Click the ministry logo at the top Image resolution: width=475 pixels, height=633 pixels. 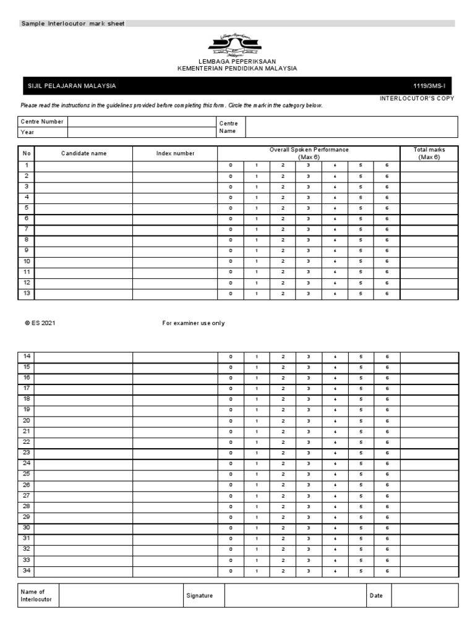point(237,45)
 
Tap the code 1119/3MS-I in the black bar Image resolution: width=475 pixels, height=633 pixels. point(434,86)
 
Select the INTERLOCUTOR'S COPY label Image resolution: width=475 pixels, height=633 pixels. point(417,98)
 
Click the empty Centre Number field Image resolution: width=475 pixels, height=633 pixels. point(140,122)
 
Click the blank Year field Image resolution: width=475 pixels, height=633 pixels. point(140,132)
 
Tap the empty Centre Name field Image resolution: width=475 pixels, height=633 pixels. point(351,127)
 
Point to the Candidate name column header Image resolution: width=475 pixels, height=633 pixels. point(83,153)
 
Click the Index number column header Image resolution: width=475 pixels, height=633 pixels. point(175,153)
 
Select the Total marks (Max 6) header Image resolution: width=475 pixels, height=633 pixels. point(429,153)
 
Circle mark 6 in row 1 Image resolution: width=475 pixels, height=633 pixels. point(387,166)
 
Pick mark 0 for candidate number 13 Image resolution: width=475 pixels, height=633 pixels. point(231,294)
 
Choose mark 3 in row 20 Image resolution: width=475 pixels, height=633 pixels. point(308,421)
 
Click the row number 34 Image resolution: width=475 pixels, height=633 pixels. point(27,571)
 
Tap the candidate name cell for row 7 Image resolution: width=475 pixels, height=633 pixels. point(83,229)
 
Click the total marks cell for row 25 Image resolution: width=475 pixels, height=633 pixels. point(429,474)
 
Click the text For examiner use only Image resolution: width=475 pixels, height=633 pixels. point(194,323)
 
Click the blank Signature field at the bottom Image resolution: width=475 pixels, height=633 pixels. point(294,595)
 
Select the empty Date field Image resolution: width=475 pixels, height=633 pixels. point(424,595)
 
